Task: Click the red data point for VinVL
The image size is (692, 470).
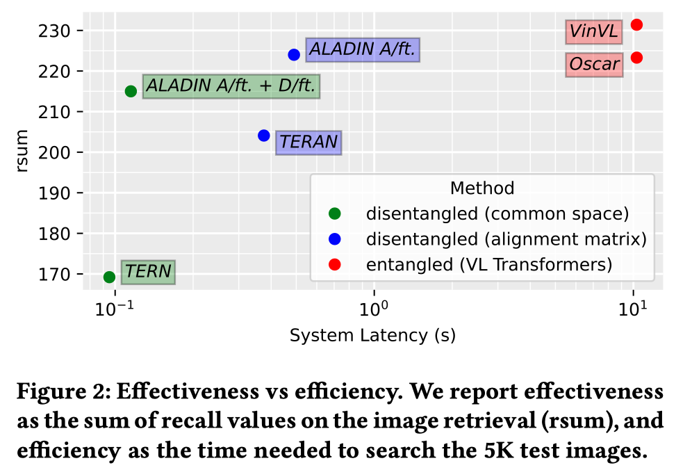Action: tap(636, 25)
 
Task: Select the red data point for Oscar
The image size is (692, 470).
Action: tap(636, 58)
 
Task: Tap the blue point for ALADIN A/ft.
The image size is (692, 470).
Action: tap(294, 55)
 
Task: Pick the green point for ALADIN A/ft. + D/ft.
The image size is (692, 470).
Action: tap(131, 92)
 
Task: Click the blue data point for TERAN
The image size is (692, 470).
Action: tap(264, 136)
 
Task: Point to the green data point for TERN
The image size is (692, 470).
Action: tap(110, 277)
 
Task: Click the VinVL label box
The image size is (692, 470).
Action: tap(594, 32)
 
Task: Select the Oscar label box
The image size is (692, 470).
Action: tap(595, 65)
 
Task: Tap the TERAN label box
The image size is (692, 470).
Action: tap(308, 143)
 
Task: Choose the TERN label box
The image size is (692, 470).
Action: tap(148, 272)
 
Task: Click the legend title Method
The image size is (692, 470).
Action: tap(482, 188)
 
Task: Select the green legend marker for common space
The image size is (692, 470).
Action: tap(335, 214)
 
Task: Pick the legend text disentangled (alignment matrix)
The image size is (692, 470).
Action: tap(506, 239)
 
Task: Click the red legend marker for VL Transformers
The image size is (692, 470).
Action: tap(335, 265)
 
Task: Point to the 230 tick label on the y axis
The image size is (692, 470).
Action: tap(53, 31)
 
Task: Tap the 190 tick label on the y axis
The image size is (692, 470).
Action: tap(53, 193)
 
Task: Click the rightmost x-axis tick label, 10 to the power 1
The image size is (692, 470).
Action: tap(633, 309)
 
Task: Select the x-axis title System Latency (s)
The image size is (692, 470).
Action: tap(372, 336)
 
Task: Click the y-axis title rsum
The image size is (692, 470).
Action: tap(21, 151)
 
